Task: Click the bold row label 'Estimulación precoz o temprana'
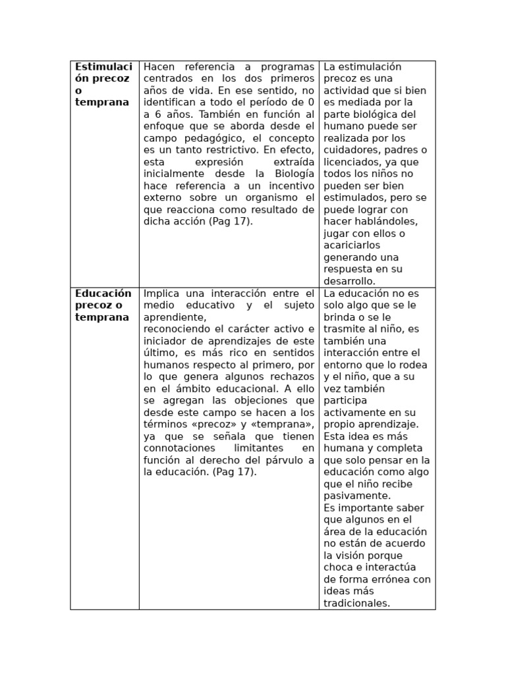(103, 84)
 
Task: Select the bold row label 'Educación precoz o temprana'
(103, 305)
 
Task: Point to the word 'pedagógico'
(210, 138)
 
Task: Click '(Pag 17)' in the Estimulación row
(231, 221)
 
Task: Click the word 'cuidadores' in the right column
(350, 149)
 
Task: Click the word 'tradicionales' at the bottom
(356, 602)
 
